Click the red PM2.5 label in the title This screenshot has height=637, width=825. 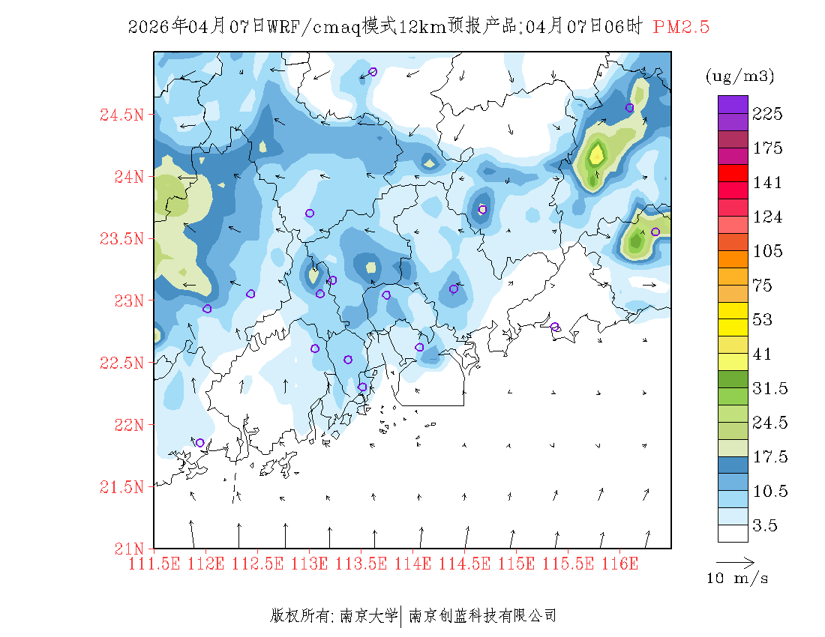coord(681,28)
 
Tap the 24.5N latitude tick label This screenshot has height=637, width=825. coord(121,115)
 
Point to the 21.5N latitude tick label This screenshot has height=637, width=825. coord(121,487)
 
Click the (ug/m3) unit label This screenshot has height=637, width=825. coord(739,76)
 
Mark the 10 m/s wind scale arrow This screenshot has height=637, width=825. coord(735,561)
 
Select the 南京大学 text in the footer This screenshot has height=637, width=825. coord(368,616)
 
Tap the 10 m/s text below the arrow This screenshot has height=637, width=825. coord(738,579)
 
